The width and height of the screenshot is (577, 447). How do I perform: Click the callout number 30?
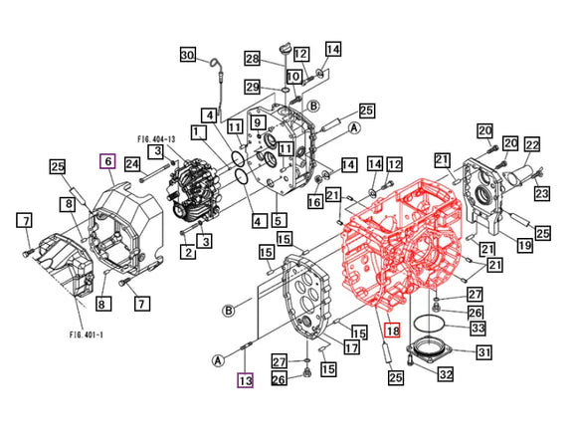coord(188,56)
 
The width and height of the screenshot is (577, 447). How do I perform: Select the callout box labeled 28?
coord(253,58)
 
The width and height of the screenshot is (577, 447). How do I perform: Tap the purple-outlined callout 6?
coord(107,161)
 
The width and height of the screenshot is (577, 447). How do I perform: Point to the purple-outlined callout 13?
coord(245,378)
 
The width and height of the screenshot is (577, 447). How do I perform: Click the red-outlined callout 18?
coord(392,331)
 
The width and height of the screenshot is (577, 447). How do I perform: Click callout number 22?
coord(532,145)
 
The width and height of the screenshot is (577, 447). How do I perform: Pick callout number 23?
coord(540,195)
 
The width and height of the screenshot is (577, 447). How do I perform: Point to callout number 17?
coord(351,347)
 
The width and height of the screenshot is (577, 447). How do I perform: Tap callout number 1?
coord(199,132)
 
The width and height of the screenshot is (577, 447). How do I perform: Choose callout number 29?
coord(253,87)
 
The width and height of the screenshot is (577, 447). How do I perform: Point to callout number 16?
coord(315,203)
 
